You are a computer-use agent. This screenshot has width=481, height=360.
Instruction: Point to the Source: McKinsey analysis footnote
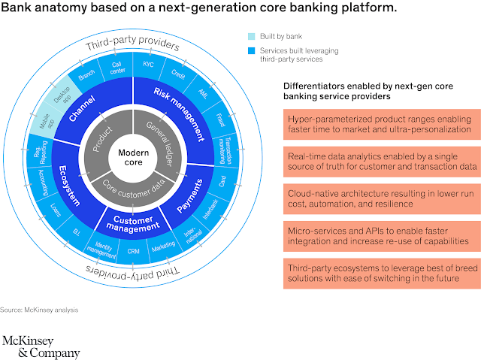[39, 310]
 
